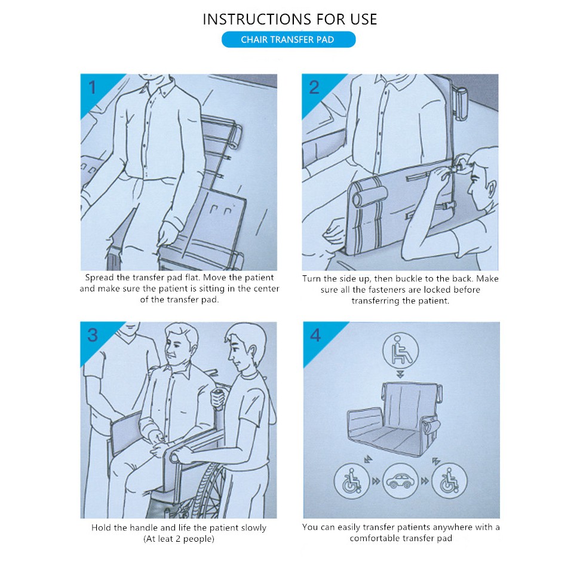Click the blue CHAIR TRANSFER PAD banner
coord(288,39)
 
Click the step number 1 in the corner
coord(93,88)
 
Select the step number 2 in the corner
coord(314,88)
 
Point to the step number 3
coord(93,335)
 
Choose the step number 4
coord(315,335)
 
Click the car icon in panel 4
coord(400,481)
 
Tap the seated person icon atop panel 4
coord(400,350)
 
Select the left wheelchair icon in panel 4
coord(352,481)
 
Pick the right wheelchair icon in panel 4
coord(449,481)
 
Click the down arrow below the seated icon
coord(400,375)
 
